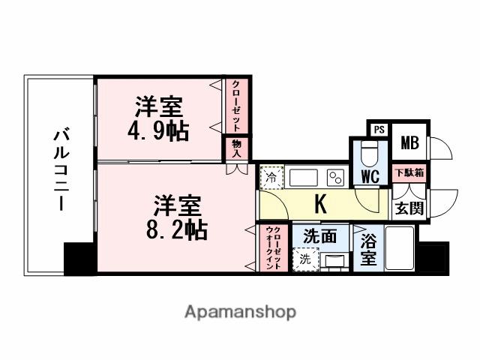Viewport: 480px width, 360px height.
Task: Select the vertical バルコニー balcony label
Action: tap(61, 170)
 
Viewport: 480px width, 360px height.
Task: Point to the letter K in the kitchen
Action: tap(320, 203)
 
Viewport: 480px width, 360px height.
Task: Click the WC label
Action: tap(368, 176)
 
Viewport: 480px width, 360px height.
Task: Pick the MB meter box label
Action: tap(409, 142)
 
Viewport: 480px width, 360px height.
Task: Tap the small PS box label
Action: tap(379, 129)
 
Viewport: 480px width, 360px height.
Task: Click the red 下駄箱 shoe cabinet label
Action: tap(409, 174)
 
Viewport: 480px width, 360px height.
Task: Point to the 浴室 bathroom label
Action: tap(367, 250)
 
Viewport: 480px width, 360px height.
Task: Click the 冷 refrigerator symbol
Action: tap(271, 179)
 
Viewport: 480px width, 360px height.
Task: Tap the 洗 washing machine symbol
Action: tap(304, 259)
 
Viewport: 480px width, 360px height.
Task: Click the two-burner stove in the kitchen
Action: tap(334, 178)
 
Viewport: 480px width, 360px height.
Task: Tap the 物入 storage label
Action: tap(236, 148)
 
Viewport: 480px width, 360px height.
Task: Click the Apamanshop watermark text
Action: tap(239, 311)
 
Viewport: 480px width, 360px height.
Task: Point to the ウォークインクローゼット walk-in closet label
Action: tap(274, 247)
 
